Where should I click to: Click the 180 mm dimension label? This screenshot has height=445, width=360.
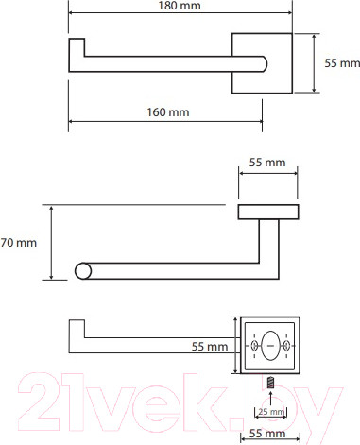[180, 6]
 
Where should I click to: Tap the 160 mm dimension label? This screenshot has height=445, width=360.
[168, 112]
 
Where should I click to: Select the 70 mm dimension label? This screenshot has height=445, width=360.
[18, 243]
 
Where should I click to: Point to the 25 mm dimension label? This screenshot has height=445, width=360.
[271, 412]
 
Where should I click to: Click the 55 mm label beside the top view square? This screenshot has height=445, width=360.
[342, 63]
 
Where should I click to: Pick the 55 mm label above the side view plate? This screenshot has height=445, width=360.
[267, 163]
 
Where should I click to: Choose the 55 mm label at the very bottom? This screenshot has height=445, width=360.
[267, 434]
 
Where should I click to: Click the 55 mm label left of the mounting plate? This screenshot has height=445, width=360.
[210, 347]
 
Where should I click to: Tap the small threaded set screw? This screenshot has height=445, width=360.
[270, 384]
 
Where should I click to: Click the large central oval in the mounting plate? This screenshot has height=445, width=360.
[270, 346]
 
